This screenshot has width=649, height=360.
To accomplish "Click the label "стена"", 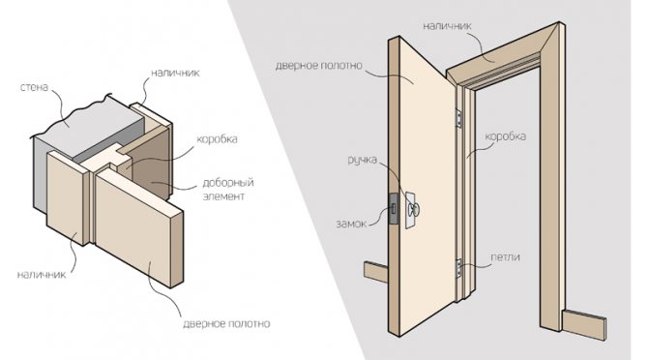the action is pos(35,87).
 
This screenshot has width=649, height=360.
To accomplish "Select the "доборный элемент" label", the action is pos(227,189).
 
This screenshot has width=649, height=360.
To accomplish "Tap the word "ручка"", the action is pos(362,160).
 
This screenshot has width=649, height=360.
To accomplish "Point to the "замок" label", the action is pos(351,224).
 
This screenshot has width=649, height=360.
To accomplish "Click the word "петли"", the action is pos(505,256).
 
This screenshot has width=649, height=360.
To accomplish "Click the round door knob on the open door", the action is pos(413,210).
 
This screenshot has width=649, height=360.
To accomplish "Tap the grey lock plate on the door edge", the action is pos(394,209).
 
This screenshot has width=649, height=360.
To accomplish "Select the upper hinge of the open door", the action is pos(458,117).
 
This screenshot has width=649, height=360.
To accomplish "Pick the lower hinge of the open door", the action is pos(458,268).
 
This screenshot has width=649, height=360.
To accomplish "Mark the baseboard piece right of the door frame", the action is pos(584,324).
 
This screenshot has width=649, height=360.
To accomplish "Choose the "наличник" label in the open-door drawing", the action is pos(447,26).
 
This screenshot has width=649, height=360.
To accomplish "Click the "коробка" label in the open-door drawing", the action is pos(506,136).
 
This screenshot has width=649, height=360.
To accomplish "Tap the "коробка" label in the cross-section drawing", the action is pos(217,138).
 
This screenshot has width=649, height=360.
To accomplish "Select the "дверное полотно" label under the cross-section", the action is pos(226,323).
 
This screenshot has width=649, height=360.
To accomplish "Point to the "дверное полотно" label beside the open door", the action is pos(319,66).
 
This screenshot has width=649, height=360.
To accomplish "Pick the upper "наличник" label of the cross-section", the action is pos(175,73).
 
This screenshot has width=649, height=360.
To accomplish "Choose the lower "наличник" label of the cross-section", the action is pos(42,275).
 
